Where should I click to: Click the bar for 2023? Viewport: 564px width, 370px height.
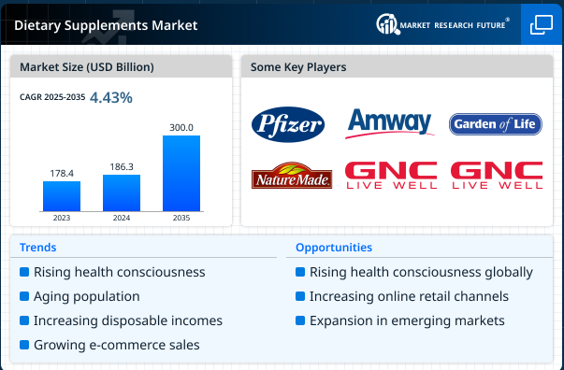[x=61, y=195]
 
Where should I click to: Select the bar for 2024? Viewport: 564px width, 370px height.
[x=121, y=192]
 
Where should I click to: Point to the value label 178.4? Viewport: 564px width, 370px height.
[x=61, y=173]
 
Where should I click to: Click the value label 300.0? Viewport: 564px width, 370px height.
[x=181, y=127]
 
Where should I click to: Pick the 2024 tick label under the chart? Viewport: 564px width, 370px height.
[x=121, y=219]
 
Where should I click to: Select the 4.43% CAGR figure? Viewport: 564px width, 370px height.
[x=110, y=97]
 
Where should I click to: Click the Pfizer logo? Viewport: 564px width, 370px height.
[x=288, y=123]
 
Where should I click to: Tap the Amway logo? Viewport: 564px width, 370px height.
[x=389, y=122]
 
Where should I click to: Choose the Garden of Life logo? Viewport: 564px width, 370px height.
[x=496, y=123]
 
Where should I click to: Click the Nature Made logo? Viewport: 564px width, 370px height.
[x=291, y=176]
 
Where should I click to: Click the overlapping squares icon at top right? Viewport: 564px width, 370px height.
[x=542, y=25]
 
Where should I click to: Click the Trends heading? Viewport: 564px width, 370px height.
[x=37, y=248]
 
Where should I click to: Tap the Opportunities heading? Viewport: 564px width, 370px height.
[x=333, y=248]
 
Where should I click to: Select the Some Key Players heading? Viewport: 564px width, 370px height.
[x=299, y=67]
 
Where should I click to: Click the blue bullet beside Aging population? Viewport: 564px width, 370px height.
[x=24, y=296]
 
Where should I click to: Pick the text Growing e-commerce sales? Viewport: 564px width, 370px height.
[x=116, y=345]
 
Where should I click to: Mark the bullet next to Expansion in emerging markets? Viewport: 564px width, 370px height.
[x=300, y=320]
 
